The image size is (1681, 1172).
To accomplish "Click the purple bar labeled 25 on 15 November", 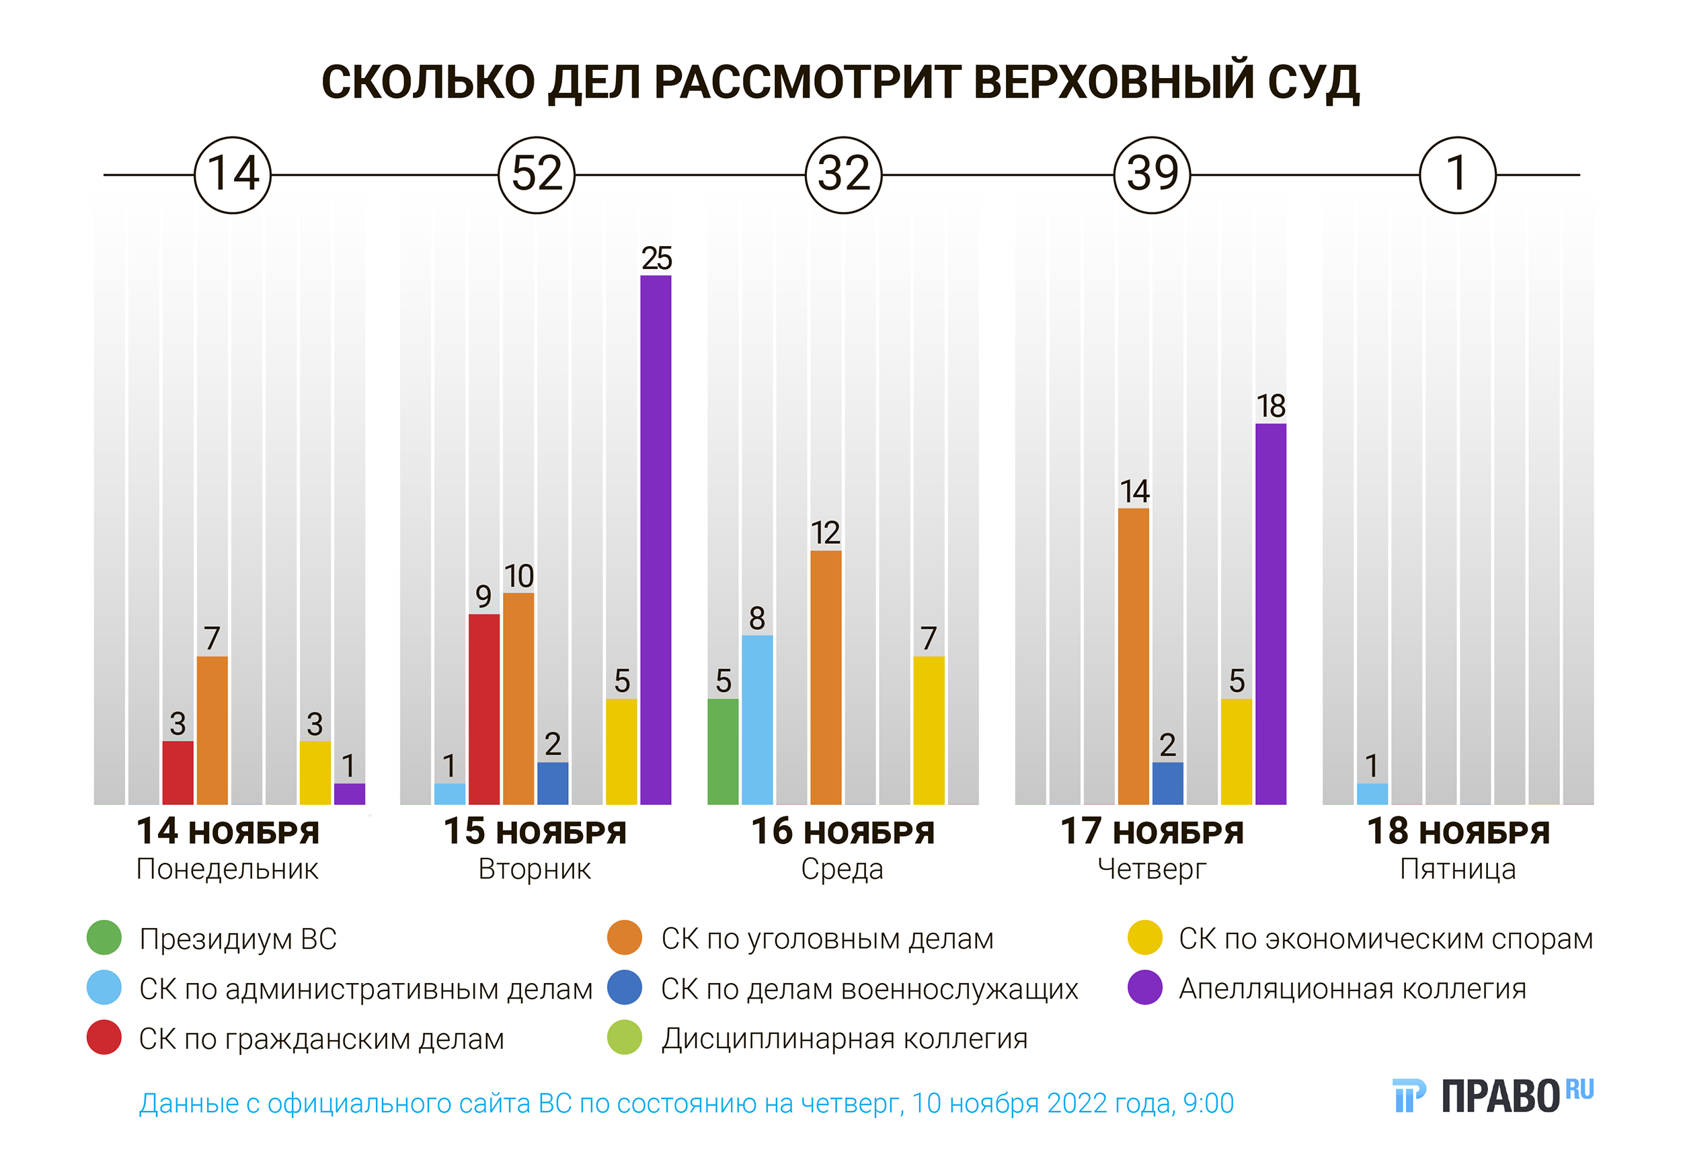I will tap(656, 539).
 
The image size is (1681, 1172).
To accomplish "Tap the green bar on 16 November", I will tap(723, 751).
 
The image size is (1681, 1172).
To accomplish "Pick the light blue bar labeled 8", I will tap(757, 719).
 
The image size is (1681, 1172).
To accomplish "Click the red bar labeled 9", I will tap(484, 709).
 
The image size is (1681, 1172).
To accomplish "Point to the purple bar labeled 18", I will tap(1270, 613).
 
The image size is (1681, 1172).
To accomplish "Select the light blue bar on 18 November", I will tap(1372, 793).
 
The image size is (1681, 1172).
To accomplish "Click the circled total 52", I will tap(537, 175).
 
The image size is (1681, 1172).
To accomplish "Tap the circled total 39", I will tap(1152, 175).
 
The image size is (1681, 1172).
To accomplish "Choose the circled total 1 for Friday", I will tap(1457, 175).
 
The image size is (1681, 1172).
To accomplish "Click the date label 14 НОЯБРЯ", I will tap(228, 832).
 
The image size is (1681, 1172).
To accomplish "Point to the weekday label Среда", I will tap(842, 869).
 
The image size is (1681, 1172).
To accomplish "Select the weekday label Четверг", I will tap(1152, 869).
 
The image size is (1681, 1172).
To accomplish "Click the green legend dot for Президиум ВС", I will tap(104, 938).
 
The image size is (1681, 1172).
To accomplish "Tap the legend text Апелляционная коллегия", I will tap(1352, 989).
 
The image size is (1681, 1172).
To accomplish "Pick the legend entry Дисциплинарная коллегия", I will tap(844, 1039).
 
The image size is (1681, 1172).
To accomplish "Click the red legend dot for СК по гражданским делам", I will tap(104, 1038).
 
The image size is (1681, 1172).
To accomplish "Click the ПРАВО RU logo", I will tap(1492, 1096).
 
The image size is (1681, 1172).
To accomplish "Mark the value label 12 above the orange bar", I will tap(825, 533).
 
